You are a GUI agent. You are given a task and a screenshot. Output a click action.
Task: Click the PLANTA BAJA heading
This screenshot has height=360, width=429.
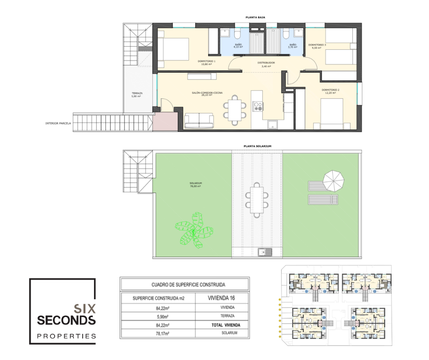(x=255, y=17)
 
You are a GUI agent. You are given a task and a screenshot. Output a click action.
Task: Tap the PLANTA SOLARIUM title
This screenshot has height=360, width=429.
(x=258, y=146)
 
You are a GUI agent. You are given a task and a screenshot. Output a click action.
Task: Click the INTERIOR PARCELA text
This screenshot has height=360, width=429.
(x=58, y=123)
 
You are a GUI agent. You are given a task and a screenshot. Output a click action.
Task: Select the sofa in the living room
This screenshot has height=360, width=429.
(x=199, y=120)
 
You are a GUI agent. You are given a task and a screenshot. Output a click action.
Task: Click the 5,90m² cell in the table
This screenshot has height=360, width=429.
(x=159, y=316)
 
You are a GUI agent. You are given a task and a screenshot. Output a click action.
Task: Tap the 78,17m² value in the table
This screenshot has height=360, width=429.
(x=159, y=334)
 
